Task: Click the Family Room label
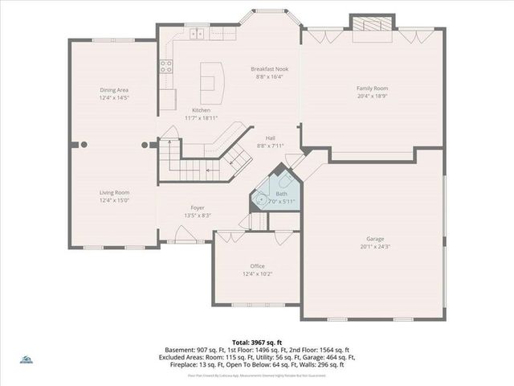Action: pos(372,88)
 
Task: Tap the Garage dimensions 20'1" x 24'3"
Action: pos(372,247)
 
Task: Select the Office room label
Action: pos(257,266)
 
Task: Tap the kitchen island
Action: pos(209,78)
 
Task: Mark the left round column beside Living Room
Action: pos(83,146)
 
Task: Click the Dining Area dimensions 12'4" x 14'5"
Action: pos(114,97)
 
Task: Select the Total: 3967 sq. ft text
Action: pos(256,342)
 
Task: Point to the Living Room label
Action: pos(114,192)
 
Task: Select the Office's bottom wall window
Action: pos(256,305)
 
